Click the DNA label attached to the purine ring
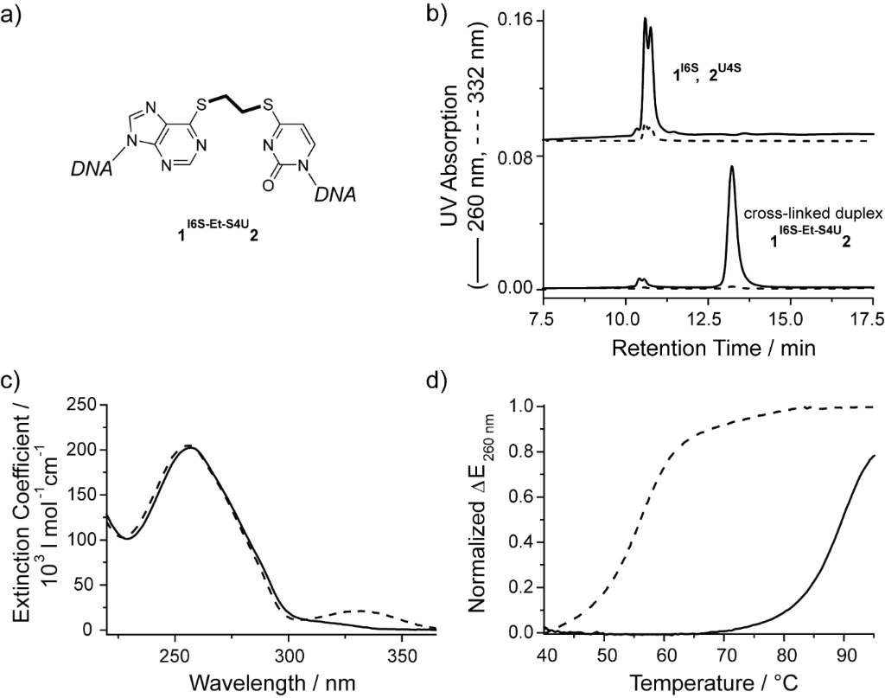pos(91,170)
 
